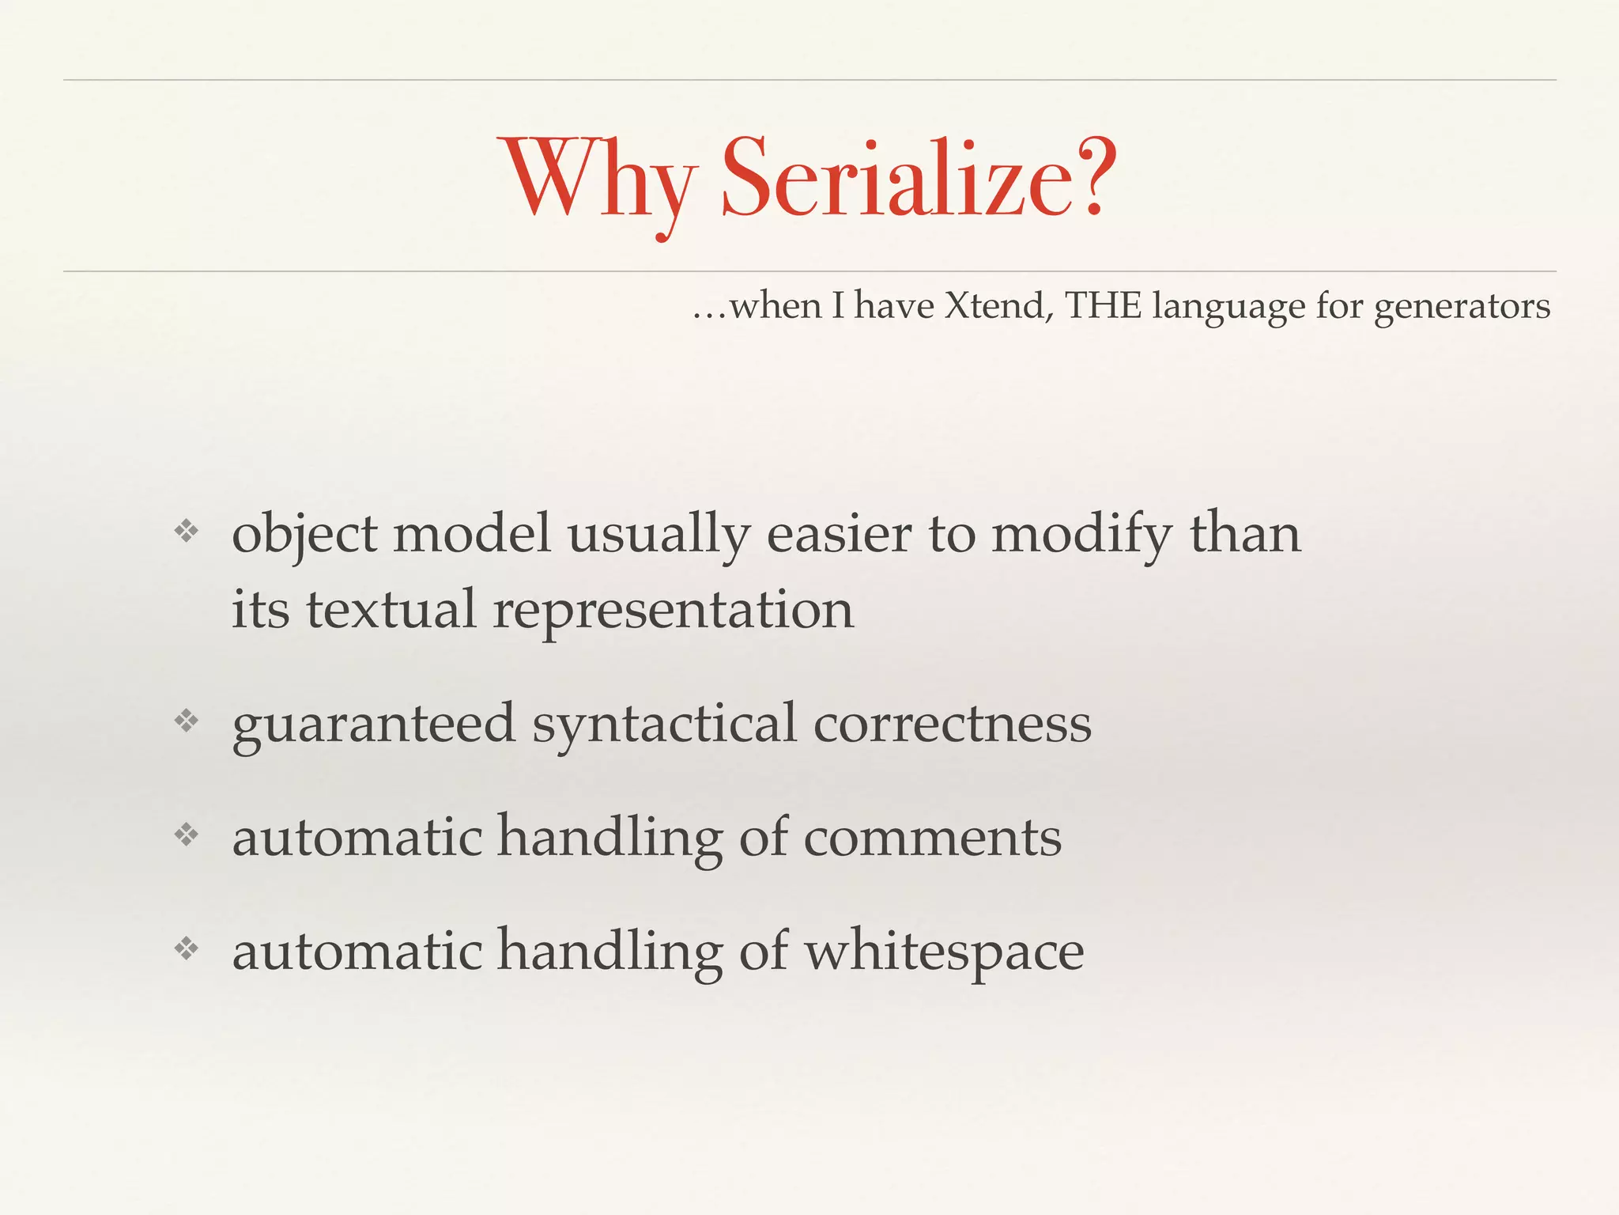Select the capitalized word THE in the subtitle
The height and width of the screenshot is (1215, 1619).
pyautogui.click(x=1103, y=305)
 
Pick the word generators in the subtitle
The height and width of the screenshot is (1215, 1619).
pyautogui.click(x=1462, y=307)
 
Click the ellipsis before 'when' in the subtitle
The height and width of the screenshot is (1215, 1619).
pyautogui.click(x=709, y=312)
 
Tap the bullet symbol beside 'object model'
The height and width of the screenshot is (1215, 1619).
pyautogui.click(x=187, y=531)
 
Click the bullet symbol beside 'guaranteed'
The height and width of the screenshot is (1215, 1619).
pyautogui.click(x=187, y=721)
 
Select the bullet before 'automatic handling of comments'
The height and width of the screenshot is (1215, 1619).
pyautogui.click(x=187, y=835)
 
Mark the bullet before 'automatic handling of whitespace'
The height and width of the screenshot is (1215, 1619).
pyautogui.click(x=187, y=948)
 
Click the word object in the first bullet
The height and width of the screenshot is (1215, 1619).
pyautogui.click(x=304, y=535)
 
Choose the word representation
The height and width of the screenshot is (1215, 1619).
pyautogui.click(x=674, y=611)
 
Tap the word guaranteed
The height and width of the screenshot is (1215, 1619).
pyautogui.click(x=373, y=725)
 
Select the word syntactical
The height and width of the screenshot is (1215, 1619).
pyautogui.click(x=664, y=725)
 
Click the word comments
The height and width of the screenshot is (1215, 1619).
pyautogui.click(x=933, y=838)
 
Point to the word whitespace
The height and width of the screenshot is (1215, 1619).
pyautogui.click(x=944, y=952)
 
